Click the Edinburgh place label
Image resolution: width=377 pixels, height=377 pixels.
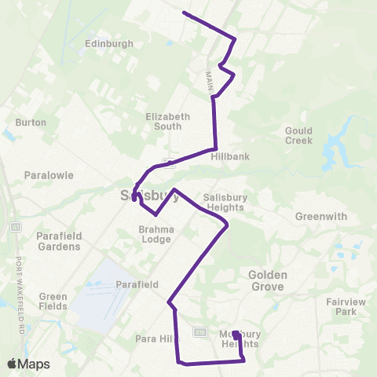[109, 44]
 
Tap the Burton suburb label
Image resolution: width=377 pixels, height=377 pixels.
[31, 123]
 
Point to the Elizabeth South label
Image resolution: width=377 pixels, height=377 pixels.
[168, 121]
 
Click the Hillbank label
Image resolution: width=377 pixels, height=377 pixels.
[230, 156]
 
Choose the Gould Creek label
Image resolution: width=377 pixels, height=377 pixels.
[298, 135]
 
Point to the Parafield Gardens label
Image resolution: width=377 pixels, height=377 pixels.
[58, 240]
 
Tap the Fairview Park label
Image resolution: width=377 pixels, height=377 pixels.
[346, 306]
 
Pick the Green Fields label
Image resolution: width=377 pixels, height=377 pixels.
[53, 302]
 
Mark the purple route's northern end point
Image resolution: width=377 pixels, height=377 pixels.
[184, 13]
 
